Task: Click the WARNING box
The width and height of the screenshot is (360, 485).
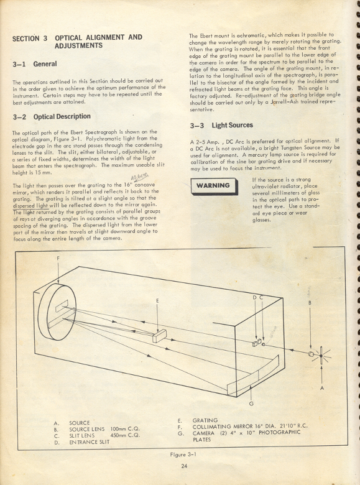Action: (213, 185)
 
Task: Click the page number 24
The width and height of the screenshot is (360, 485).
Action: (185, 465)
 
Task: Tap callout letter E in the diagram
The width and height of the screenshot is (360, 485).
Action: (158, 301)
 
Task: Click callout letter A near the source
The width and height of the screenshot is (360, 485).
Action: (322, 387)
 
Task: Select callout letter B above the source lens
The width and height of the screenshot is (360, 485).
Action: (310, 303)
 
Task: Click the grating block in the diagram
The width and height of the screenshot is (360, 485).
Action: (160, 334)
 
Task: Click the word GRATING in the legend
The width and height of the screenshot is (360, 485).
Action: (205, 421)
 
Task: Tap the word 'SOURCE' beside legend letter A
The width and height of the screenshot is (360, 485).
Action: (80, 422)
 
